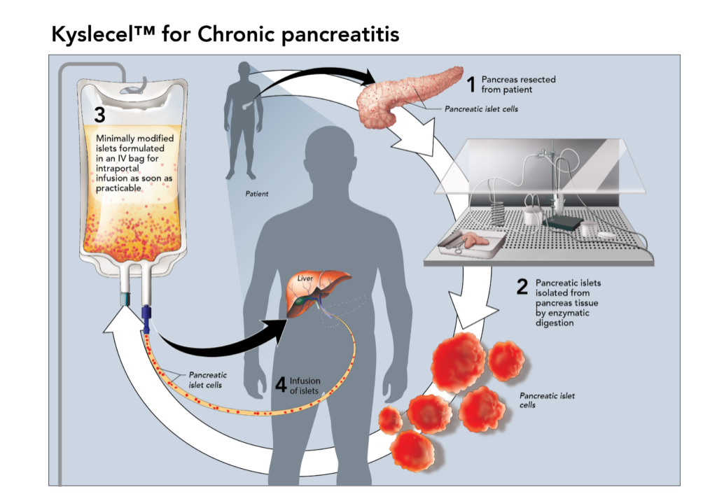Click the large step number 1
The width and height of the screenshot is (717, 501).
tap(471, 85)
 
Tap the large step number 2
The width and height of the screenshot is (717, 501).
tap(522, 287)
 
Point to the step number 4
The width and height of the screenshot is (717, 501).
tap(280, 385)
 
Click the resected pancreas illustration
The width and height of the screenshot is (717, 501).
tap(406, 98)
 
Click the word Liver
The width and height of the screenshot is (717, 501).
tap(305, 278)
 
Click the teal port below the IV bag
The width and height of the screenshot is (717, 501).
tap(124, 298)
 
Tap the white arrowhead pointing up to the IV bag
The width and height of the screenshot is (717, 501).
tap(123, 323)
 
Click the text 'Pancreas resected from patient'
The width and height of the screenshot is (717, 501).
tap(518, 85)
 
